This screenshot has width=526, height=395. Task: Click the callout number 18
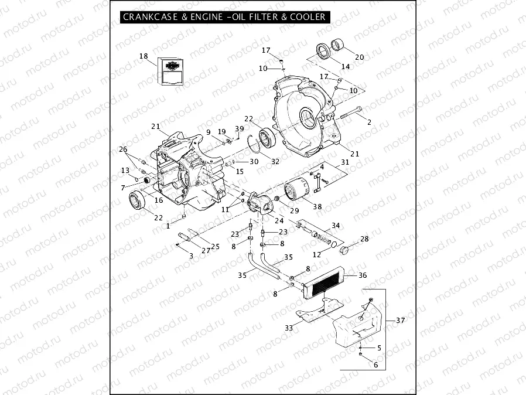click(144, 56)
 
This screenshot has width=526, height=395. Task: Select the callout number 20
click(359, 57)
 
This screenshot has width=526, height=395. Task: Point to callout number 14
click(346, 67)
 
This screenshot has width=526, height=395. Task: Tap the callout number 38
click(317, 207)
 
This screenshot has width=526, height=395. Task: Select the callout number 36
click(363, 275)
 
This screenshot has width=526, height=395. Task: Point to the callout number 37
click(400, 320)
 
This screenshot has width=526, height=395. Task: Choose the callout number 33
click(289, 328)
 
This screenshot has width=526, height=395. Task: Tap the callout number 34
click(336, 226)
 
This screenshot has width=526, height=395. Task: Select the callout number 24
click(279, 221)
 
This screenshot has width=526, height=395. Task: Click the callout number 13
click(125, 170)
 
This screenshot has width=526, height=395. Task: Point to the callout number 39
click(240, 129)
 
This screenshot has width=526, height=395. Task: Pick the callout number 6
click(375, 364)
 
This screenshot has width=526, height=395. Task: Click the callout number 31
click(345, 162)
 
